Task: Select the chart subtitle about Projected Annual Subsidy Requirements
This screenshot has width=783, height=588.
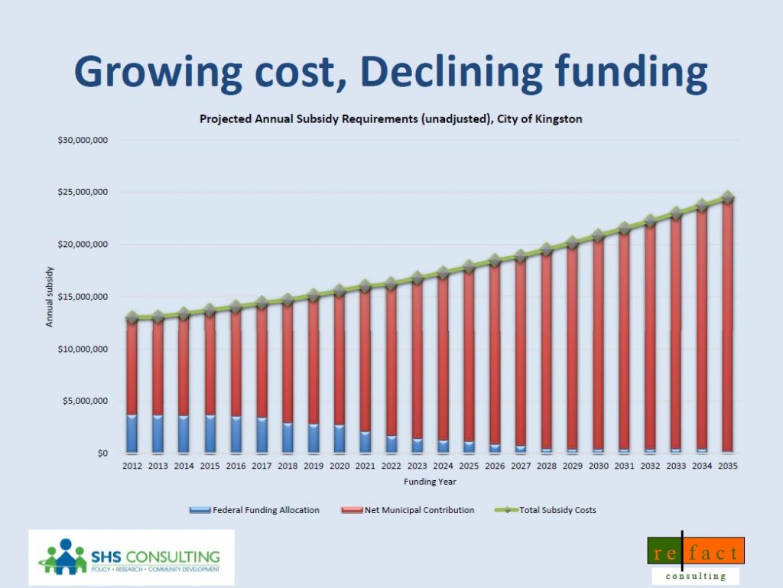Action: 391,119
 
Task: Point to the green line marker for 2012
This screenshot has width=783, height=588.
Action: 132,317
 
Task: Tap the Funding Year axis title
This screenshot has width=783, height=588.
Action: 430,482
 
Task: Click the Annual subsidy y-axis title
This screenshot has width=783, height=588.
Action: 50,297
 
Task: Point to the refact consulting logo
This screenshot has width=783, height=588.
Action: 694,560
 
